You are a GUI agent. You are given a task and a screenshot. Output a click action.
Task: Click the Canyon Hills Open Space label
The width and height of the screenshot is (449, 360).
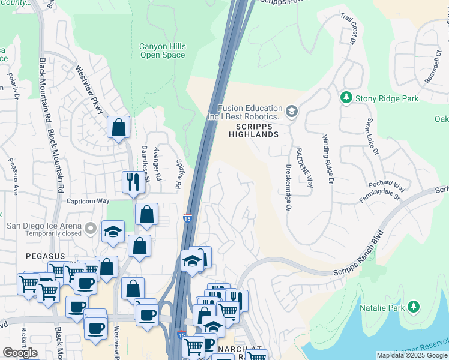point(162,50)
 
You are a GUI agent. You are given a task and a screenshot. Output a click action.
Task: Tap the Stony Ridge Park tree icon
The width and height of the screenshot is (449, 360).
point(346,98)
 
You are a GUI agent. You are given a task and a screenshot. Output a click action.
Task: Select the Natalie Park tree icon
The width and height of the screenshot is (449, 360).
point(413,308)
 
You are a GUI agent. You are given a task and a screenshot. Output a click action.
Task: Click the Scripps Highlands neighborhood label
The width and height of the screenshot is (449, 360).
point(254,131)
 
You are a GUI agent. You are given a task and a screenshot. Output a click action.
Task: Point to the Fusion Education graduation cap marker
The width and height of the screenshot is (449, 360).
point(291,110)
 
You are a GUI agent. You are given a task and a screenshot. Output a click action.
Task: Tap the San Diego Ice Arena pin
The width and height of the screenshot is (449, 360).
point(91,227)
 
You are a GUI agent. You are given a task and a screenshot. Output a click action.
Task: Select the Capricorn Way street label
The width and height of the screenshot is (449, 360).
point(88,202)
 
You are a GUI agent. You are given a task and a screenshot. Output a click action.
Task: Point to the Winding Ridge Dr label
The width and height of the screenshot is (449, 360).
point(328,159)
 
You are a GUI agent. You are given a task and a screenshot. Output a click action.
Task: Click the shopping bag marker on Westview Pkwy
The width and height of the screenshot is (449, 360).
point(118,128)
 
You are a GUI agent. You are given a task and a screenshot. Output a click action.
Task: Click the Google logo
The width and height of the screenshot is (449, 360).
point(20,352)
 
